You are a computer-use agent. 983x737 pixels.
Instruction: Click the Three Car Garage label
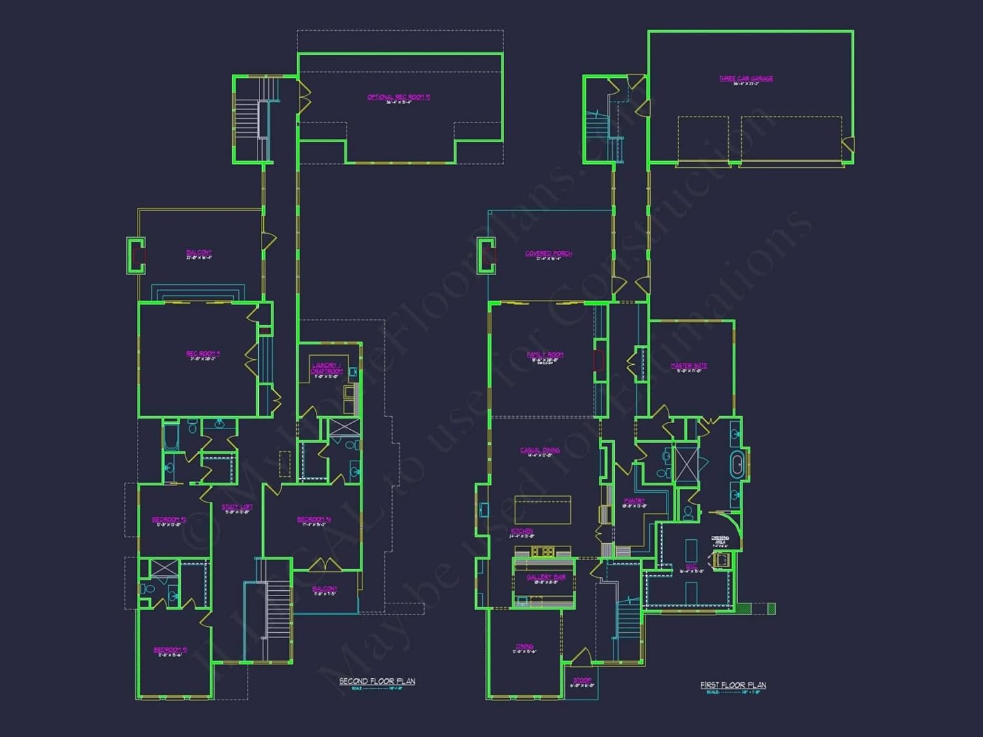click(746, 79)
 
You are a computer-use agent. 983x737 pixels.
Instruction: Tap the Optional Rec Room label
click(398, 97)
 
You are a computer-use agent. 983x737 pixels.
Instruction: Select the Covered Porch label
click(549, 254)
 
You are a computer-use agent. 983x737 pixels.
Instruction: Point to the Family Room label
click(545, 355)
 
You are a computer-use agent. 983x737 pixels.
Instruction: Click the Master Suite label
click(689, 366)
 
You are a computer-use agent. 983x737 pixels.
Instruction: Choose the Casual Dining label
click(540, 450)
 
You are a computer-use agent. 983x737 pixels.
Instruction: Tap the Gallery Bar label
click(546, 577)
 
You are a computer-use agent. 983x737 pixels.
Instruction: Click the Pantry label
click(634, 501)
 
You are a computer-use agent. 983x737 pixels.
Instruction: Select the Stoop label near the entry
click(582, 680)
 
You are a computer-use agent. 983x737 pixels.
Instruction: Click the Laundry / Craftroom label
click(326, 368)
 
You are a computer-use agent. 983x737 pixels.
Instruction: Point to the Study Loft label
click(237, 507)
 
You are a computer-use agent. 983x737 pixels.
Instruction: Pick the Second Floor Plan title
click(377, 681)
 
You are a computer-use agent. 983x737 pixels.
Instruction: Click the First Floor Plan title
click(733, 685)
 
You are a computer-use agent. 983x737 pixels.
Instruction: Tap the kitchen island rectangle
click(543, 510)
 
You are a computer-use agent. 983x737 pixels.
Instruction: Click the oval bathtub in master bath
click(737, 465)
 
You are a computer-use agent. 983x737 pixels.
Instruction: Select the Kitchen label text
click(522, 531)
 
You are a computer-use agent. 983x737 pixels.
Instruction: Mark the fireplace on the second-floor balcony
click(136, 255)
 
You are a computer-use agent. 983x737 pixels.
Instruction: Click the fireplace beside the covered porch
click(486, 255)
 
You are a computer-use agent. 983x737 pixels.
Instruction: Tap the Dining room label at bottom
click(524, 647)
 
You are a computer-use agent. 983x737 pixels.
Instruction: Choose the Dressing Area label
click(720, 539)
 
